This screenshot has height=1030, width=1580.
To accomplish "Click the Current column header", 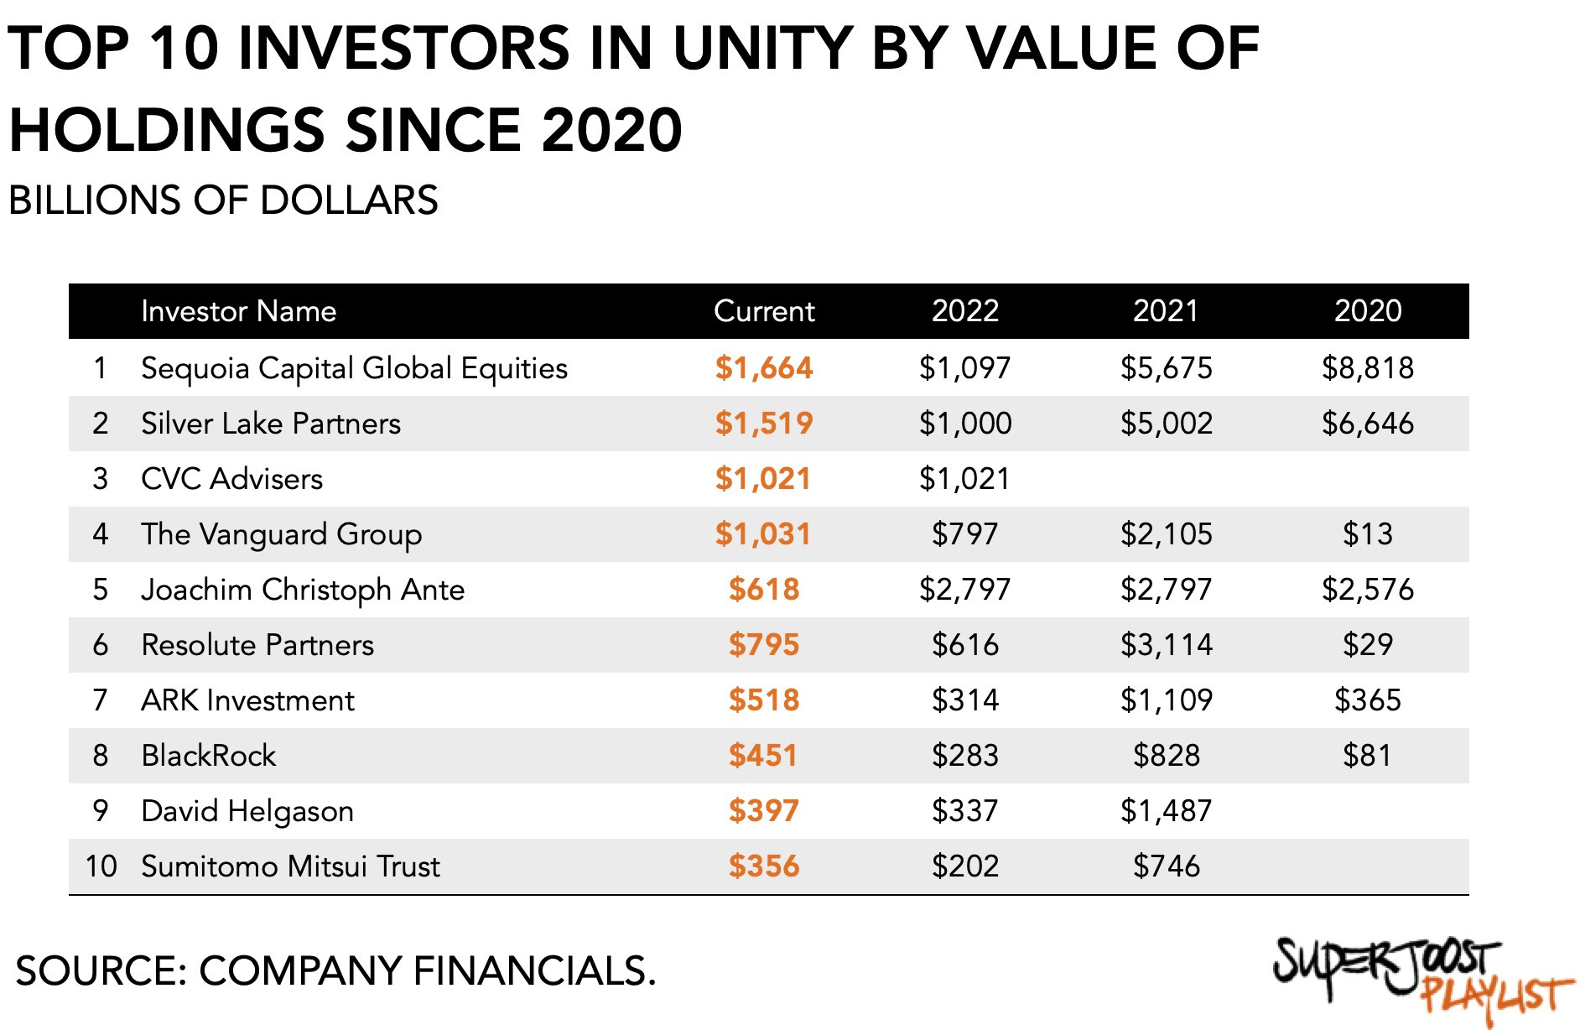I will point(763,311).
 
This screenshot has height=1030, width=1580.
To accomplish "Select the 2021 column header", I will point(1166,311).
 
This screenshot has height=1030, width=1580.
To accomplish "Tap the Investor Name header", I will point(238,311).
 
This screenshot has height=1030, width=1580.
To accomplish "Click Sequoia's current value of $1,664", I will point(763,368).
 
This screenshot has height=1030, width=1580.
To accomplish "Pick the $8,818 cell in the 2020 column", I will point(1367,368).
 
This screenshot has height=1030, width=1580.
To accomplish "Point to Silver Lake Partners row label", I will point(270,424).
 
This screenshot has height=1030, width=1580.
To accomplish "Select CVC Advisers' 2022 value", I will point(964,479).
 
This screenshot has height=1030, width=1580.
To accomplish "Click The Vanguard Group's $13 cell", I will point(1367,534).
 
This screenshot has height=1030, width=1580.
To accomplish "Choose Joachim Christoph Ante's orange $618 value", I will point(763,590).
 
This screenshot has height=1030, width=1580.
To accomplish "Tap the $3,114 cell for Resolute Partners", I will point(1166,645).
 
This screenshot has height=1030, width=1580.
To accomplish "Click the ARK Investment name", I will point(247,700).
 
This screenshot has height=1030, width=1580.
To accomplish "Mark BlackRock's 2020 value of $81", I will point(1367,756).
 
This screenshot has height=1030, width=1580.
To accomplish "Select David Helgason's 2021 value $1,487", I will point(1166,811).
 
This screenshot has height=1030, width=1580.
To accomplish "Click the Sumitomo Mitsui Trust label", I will point(290,866).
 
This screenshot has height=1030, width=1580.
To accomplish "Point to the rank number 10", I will point(101,866).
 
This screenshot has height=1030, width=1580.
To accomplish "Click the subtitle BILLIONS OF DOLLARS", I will point(223,200).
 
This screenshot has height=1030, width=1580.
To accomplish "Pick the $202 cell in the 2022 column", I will point(964,866).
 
